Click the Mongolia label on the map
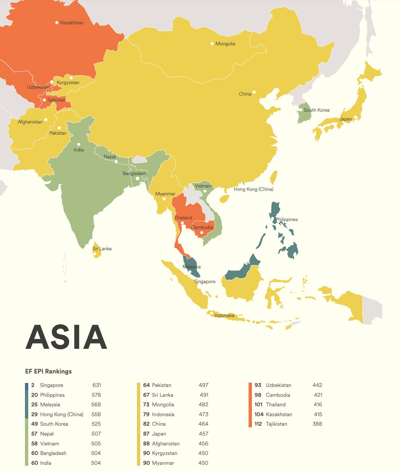(225, 44)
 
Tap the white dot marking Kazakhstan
(57, 23)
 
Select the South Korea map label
(316, 110)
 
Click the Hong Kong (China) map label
(253, 189)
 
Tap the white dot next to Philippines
(272, 219)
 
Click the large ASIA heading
(66, 337)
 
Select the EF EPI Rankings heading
(48, 371)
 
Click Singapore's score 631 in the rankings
(97, 385)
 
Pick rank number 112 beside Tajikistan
(258, 424)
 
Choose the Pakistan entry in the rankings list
(162, 385)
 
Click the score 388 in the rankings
(317, 424)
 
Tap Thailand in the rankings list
(276, 404)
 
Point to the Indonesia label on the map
(224, 315)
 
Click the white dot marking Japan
(355, 117)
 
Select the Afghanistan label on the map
(30, 122)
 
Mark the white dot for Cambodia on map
(202, 233)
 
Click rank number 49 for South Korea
(34, 424)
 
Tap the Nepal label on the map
(110, 157)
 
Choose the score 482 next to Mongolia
(203, 404)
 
